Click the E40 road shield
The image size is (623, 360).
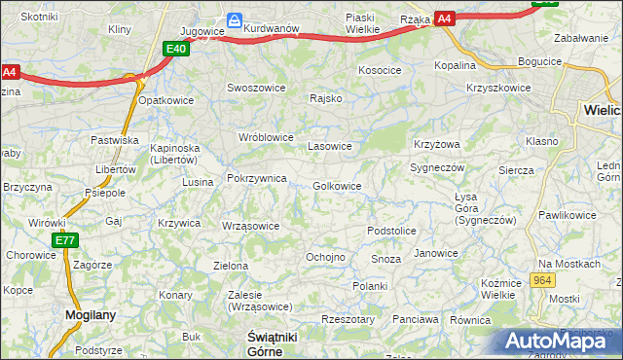coord(176,50)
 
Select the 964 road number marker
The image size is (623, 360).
coord(543,280)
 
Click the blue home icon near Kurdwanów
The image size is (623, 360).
coord(235,19)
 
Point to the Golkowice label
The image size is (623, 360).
coord(338,186)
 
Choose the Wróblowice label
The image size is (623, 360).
coord(267,137)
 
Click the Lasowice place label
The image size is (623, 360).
coord(329,146)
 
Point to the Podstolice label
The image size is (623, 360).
coord(391,231)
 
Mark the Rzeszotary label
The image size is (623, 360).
coord(348,319)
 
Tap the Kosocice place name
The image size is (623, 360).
coord(380,71)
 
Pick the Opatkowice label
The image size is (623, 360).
coord(166,100)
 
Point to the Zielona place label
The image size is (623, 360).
coord(231,266)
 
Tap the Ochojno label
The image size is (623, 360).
coord(325,257)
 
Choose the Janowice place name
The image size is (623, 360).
coord(435,253)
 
